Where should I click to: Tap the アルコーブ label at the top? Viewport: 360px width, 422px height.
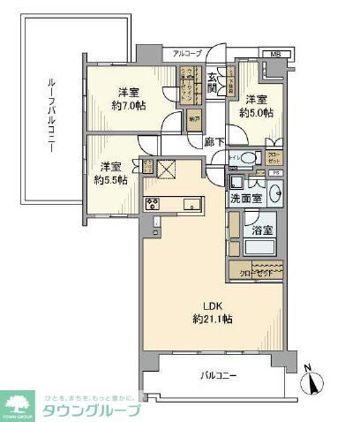tap(187, 54)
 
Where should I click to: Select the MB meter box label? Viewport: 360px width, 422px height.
tap(275, 54)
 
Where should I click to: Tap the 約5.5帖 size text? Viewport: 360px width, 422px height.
tap(110, 179)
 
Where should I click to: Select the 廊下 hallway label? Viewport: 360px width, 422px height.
tap(214, 140)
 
